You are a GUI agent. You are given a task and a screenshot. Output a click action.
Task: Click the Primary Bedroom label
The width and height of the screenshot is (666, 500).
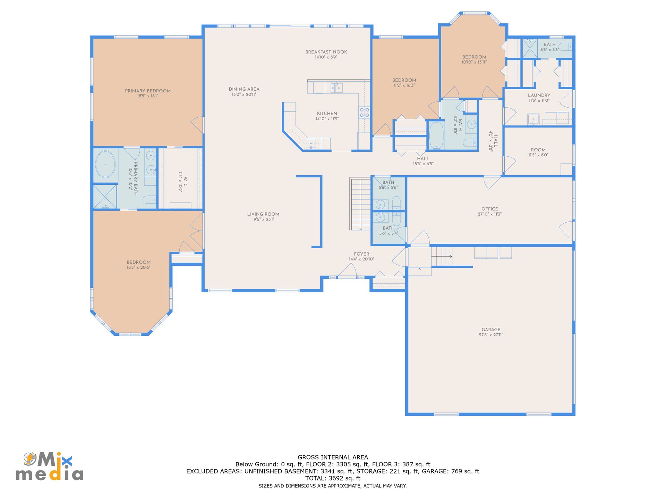pyautogui.click(x=148, y=91)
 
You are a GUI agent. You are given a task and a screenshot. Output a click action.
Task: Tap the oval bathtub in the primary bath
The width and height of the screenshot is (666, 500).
pyautogui.click(x=105, y=164)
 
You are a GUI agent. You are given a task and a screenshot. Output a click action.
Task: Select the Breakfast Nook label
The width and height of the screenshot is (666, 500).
pyautogui.click(x=326, y=52)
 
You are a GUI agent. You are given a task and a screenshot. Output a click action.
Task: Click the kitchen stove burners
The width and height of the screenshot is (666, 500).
pyautogui.click(x=364, y=112)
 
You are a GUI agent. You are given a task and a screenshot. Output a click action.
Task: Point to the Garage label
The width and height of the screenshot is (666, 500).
pyautogui.click(x=491, y=330)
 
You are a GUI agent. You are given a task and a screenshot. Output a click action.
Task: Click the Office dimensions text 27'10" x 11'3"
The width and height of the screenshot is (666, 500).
pyautogui.click(x=489, y=214)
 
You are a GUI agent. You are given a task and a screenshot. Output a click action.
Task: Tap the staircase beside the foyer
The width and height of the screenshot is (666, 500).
pyautogui.click(x=361, y=204)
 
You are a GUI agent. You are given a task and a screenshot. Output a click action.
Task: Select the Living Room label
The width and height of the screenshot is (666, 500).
pyautogui.click(x=263, y=214)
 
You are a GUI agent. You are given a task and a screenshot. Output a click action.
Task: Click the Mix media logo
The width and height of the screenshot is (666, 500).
pyautogui.click(x=49, y=466)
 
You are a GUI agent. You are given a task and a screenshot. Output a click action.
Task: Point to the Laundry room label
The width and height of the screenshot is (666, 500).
pyautogui.click(x=539, y=95)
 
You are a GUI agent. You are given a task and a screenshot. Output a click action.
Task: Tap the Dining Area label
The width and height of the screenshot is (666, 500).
pyautogui.click(x=244, y=89)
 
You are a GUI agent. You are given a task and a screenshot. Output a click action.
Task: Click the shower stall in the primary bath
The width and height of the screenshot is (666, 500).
pyautogui.click(x=105, y=197)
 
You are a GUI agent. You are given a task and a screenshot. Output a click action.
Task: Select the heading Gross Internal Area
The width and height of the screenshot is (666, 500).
pyautogui.click(x=333, y=457)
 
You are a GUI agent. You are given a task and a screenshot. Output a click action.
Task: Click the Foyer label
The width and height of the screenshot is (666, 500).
pyautogui.click(x=361, y=254)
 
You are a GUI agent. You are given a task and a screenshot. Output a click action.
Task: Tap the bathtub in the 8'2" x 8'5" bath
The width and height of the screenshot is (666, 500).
pyautogui.click(x=436, y=135)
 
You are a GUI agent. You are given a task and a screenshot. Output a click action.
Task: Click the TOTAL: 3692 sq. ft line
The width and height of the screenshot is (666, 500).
pyautogui.click(x=333, y=478)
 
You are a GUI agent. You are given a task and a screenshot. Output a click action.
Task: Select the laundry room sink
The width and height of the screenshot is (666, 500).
pyautogui.click(x=533, y=119)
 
